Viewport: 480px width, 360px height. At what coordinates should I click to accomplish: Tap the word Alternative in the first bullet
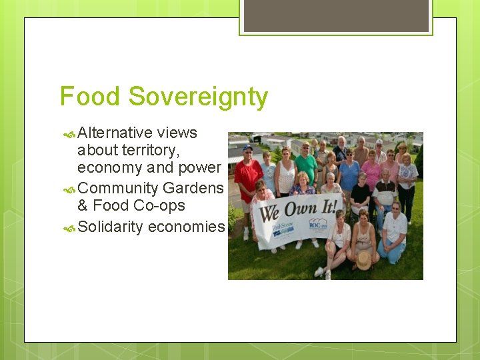click(x=115, y=133)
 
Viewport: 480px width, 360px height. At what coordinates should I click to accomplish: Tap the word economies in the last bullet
click(x=186, y=227)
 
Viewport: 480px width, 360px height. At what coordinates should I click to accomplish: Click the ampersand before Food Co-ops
click(x=83, y=205)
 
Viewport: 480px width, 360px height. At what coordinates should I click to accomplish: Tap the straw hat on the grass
click(x=363, y=260)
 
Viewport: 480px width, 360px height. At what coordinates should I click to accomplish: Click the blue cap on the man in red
click(x=247, y=148)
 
